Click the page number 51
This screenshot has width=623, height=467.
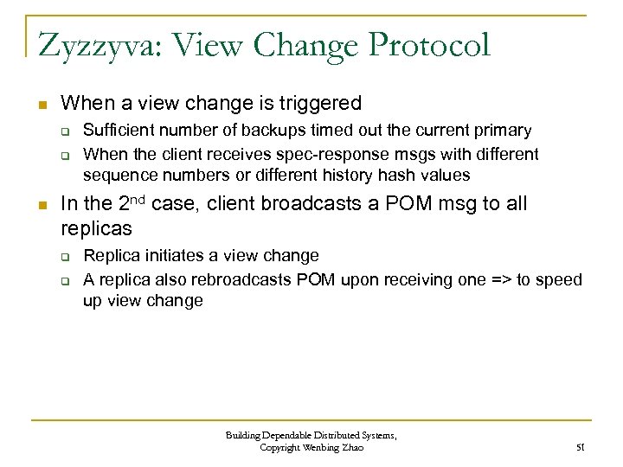point(580,448)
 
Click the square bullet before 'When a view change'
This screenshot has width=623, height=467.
point(39,106)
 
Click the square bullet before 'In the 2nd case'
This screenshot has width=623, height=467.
point(39,206)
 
